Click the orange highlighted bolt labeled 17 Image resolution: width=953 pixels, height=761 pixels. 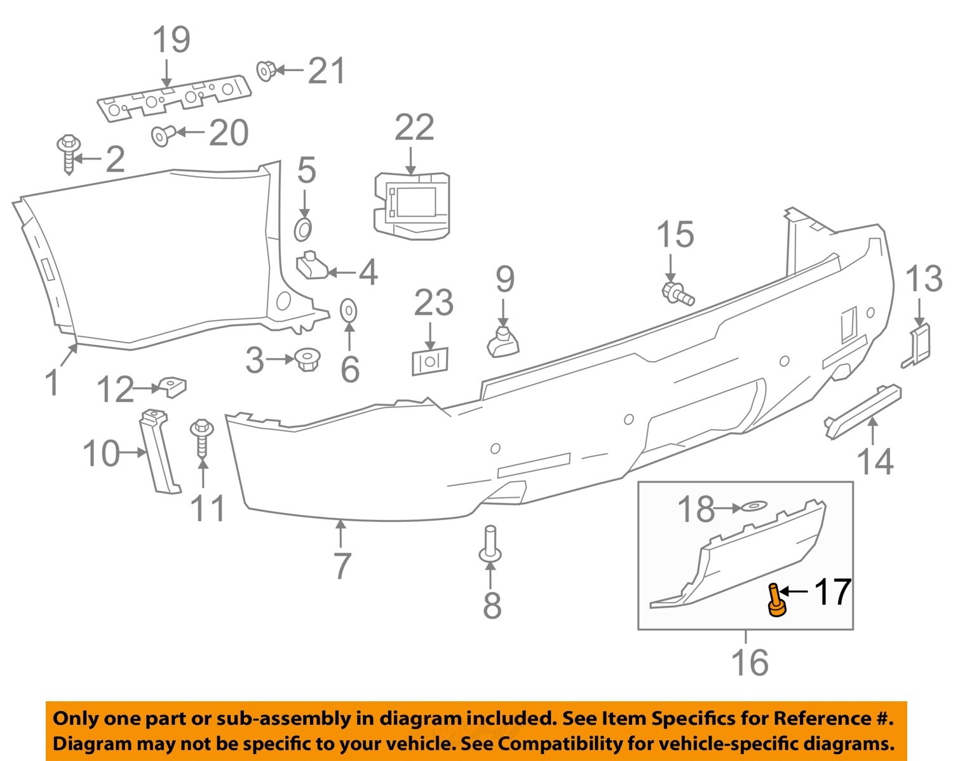[775, 601]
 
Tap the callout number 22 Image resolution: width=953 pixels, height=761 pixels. [414, 128]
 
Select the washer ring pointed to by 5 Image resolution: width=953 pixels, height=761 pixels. [304, 230]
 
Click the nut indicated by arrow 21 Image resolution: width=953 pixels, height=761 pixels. [266, 70]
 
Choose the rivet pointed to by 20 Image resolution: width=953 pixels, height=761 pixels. [163, 134]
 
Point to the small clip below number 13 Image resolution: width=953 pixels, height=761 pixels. [918, 346]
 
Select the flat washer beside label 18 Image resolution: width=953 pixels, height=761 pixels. [752, 507]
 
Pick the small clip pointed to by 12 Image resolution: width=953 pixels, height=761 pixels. [172, 385]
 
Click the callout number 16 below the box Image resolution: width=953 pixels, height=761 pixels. [750, 662]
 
